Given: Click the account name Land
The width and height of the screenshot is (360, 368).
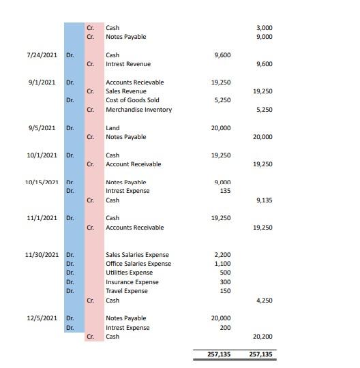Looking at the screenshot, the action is click(x=112, y=128).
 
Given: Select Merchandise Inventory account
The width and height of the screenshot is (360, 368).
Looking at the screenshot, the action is click(x=138, y=110).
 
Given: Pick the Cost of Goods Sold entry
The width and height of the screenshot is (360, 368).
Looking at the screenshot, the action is click(x=132, y=100).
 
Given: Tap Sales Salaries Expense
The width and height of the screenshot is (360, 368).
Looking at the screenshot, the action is click(x=137, y=255).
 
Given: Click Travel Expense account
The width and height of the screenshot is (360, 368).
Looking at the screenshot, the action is click(x=126, y=291).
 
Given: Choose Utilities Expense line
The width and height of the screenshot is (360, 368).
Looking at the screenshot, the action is click(x=129, y=273).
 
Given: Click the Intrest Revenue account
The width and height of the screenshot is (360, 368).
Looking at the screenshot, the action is click(x=128, y=64).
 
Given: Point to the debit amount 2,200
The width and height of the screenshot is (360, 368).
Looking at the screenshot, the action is click(x=222, y=255).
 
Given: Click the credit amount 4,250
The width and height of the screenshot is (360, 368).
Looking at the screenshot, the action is click(x=263, y=300).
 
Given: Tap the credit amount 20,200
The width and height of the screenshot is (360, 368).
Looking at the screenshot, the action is click(x=262, y=337).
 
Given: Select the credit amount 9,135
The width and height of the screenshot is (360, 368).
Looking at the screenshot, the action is click(x=263, y=200).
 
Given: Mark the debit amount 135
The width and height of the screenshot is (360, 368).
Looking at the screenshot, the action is click(x=226, y=191).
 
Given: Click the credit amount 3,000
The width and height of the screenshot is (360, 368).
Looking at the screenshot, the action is click(x=264, y=28).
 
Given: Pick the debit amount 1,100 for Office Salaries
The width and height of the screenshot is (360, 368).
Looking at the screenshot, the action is click(x=222, y=264).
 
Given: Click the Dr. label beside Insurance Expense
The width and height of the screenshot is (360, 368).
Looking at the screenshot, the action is click(x=70, y=282).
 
